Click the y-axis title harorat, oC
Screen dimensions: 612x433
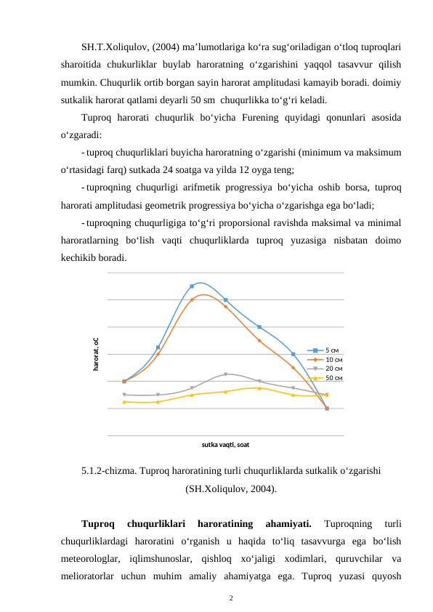[x=95, y=355]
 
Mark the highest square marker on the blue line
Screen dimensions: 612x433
[x=192, y=286]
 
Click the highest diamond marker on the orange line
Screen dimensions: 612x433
[x=192, y=299]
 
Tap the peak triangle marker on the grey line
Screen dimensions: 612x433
[x=226, y=374]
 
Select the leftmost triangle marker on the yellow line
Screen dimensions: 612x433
[x=125, y=401]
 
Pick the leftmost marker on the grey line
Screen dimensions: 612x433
[x=125, y=395]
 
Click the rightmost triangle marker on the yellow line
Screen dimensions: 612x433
[x=327, y=395]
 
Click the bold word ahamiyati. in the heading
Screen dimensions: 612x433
[x=289, y=523]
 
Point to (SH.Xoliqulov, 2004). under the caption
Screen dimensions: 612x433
[x=230, y=489]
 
